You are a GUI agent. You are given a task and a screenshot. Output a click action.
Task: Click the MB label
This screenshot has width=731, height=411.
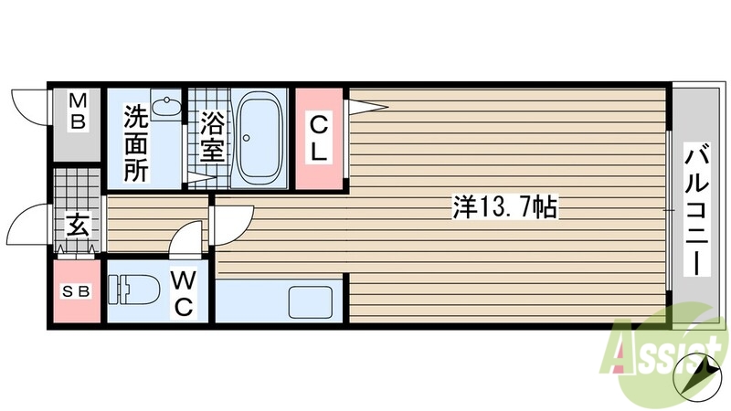coord(79,110)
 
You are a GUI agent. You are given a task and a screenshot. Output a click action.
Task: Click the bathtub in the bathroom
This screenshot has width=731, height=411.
coord(261,138)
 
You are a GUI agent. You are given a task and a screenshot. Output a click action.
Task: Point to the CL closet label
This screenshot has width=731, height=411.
coord(318,138)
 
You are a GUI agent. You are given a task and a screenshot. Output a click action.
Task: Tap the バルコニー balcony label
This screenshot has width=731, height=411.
coord(697,210)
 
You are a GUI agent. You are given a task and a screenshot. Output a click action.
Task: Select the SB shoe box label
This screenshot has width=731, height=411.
coord(76,291)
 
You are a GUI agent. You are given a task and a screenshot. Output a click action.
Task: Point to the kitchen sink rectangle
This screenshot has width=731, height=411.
coord(312,301)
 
